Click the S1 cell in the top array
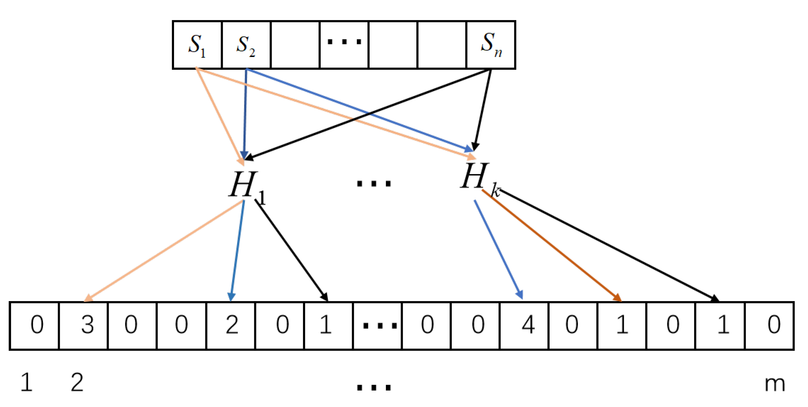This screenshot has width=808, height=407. (x=197, y=45)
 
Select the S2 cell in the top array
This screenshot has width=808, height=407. (x=246, y=45)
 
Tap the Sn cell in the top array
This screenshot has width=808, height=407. (x=491, y=45)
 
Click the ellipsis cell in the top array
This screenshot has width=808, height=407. (x=344, y=45)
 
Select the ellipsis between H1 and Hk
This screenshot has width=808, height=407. (x=374, y=183)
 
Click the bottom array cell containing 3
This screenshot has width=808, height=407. (x=83, y=325)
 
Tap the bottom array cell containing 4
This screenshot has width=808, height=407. (x=524, y=325)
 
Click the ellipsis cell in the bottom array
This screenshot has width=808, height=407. (x=377, y=325)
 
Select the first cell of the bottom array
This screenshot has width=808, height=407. (x=35, y=325)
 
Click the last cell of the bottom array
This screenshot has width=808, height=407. (x=769, y=325)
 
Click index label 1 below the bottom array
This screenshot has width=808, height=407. (x=27, y=382)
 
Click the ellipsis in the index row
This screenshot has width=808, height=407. (x=374, y=387)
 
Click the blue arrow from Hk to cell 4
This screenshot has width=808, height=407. (x=498, y=250)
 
